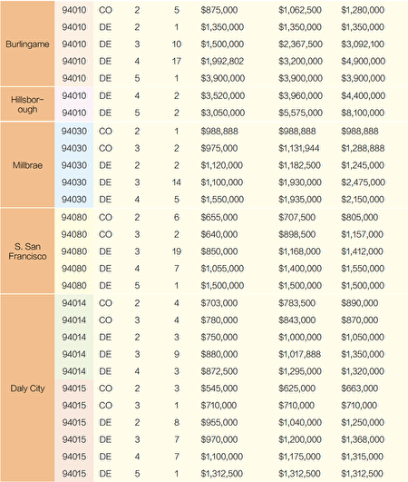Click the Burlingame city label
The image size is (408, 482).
click(27, 44)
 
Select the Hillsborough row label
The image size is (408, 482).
click(27, 104)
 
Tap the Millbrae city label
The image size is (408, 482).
click(27, 165)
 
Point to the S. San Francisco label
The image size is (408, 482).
click(27, 251)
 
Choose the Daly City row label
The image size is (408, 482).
click(27, 389)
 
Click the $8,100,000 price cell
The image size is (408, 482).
click(363, 113)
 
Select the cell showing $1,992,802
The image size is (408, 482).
click(222, 61)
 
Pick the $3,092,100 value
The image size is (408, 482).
click(363, 44)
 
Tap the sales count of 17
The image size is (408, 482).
click(176, 61)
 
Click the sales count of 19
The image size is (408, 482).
click(176, 251)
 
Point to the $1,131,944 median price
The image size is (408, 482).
click(299, 148)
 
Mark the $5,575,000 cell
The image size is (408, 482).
click(300, 113)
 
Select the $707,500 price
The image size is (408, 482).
click(296, 217)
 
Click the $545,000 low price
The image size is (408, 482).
click(219, 389)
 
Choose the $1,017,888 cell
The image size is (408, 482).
click(299, 354)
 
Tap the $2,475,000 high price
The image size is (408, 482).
click(363, 182)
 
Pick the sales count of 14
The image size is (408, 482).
click(176, 182)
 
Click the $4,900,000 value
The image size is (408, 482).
click(363, 61)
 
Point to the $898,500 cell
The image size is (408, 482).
click(296, 234)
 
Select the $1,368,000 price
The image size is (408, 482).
click(363, 439)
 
